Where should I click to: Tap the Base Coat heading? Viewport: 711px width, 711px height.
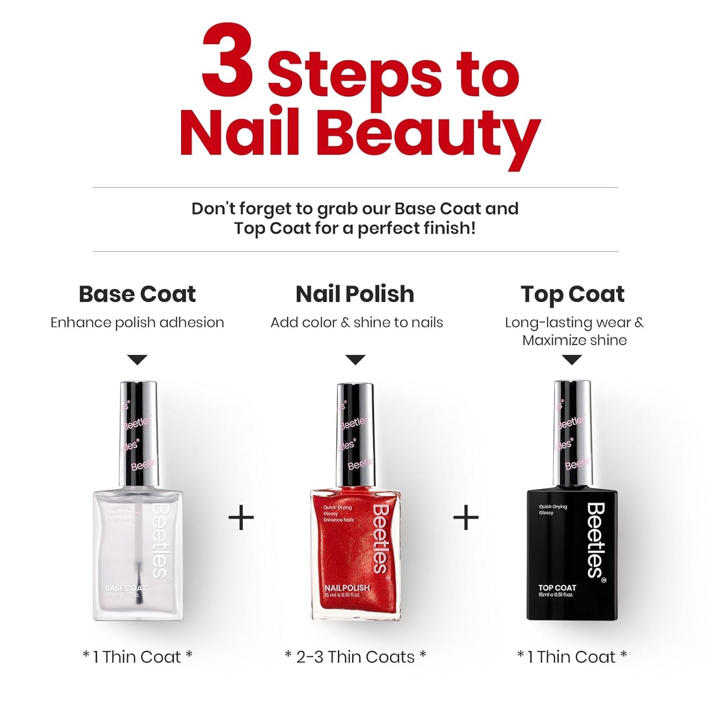[137, 294]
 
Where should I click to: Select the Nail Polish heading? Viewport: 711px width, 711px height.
[355, 294]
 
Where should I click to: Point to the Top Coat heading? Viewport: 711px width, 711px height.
[572, 294]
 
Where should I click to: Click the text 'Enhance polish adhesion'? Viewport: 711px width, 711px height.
[137, 323]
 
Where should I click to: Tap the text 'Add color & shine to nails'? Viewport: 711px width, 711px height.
[357, 323]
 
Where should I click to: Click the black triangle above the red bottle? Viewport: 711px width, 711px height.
[355, 360]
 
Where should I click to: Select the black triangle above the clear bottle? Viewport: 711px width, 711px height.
[137, 360]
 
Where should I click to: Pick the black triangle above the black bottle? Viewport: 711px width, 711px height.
[572, 360]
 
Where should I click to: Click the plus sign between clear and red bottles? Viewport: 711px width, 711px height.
[241, 518]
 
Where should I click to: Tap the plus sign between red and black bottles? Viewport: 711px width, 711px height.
[465, 518]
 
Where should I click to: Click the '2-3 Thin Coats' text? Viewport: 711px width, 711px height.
[355, 657]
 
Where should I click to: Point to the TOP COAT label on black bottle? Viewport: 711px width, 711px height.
[557, 587]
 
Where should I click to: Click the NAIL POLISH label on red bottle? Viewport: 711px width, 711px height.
[347, 588]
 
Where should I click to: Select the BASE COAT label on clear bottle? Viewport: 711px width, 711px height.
[125, 588]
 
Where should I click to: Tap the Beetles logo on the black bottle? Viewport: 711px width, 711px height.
[595, 540]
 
